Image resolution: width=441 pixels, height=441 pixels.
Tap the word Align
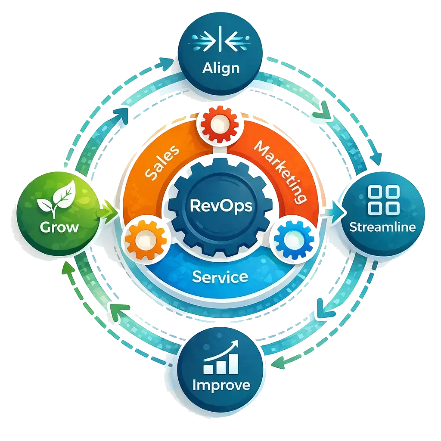[220, 68]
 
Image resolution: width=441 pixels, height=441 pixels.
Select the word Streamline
[382, 227]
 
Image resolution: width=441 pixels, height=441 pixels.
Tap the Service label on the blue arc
[220, 276]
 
